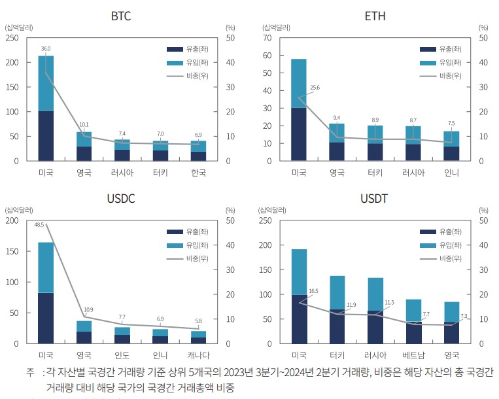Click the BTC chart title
[x=121, y=16]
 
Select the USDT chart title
[x=375, y=198]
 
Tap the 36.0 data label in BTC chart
[x=46, y=49]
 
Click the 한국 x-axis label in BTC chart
[x=198, y=173]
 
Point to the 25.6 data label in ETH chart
[x=315, y=88]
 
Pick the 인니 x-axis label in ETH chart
[x=451, y=173]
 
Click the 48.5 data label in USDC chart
[x=39, y=224]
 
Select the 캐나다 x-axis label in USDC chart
[x=198, y=355]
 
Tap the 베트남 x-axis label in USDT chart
[x=413, y=355]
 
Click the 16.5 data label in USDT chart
[x=313, y=291]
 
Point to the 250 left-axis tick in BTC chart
[x=12, y=38]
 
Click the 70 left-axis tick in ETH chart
[x=267, y=38]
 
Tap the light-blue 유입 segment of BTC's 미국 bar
[x=46, y=83]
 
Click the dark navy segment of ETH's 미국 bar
[x=299, y=134]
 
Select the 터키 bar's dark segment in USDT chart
[x=337, y=326]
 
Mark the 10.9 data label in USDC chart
[x=88, y=309]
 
